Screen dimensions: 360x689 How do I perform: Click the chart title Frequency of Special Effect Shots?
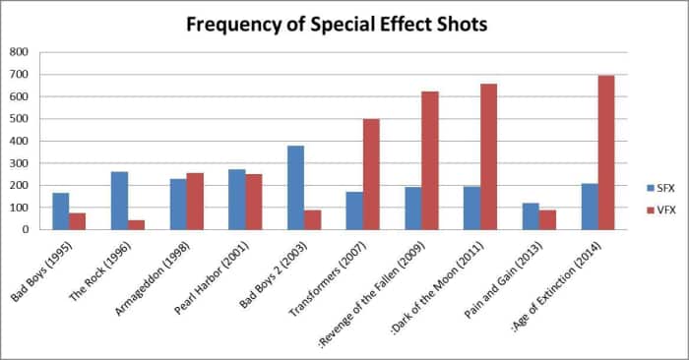338,24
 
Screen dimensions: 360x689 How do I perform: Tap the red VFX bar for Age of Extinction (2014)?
606,152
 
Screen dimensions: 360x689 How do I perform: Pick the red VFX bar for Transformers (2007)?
371,174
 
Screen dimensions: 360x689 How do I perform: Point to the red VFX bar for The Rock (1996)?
136,224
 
